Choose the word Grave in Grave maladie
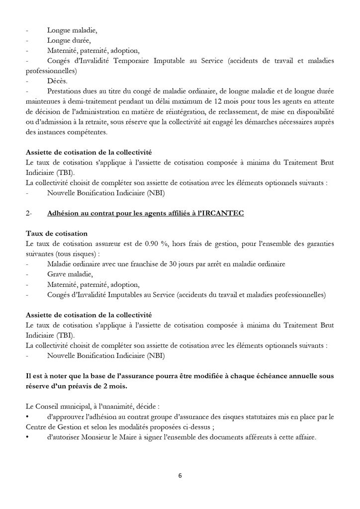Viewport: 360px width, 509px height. point(57,274)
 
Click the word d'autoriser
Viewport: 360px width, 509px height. point(65,437)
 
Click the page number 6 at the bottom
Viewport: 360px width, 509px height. point(180,476)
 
